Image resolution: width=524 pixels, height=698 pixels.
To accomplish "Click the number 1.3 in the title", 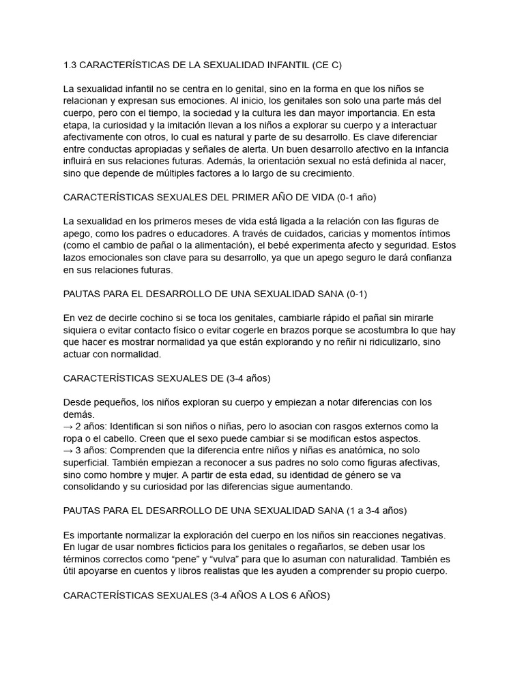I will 70,65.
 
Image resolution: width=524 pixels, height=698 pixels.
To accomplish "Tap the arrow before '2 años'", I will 68,426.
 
